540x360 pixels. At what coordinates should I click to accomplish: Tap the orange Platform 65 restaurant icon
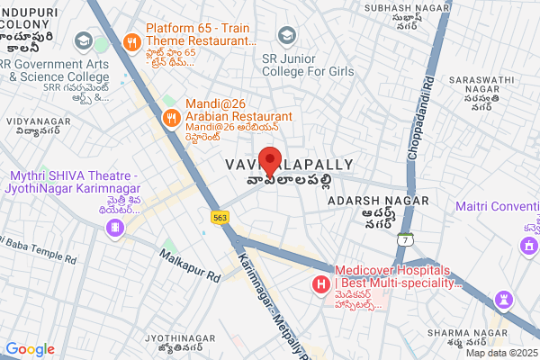point(131,40)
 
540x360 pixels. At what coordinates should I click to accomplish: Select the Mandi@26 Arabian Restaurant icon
point(171,116)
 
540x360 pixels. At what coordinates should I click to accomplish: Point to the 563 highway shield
point(220,218)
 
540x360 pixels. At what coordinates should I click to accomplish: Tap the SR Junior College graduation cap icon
point(286,35)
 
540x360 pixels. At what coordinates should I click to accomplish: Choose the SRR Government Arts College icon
point(83,41)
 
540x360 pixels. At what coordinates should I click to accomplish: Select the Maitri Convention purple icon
point(532,245)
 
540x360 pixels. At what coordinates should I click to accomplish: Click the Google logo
point(29,349)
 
